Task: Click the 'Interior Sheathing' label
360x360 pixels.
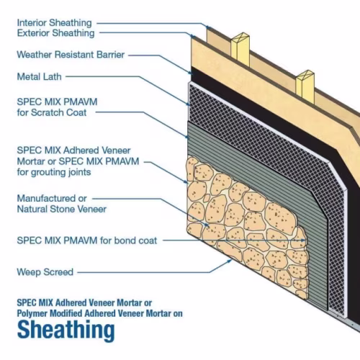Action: tap(55, 23)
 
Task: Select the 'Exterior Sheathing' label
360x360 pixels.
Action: tap(55, 33)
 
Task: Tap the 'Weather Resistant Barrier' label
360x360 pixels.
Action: tap(71, 55)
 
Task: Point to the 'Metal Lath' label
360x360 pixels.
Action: tap(40, 77)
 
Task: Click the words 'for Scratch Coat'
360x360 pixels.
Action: tap(52, 112)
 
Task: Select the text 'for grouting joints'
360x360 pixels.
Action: tap(54, 172)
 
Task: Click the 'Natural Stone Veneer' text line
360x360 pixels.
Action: tap(62, 209)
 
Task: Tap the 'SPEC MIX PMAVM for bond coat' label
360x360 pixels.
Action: tap(87, 240)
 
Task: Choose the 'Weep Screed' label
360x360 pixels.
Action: tap(45, 272)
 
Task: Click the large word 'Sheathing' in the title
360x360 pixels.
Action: tap(66, 330)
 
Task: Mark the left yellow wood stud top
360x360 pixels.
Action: tap(240, 38)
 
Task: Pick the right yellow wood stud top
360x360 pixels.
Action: tap(305, 76)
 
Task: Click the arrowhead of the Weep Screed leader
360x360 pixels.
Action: tap(230, 261)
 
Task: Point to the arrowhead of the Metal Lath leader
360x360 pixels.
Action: tap(188, 104)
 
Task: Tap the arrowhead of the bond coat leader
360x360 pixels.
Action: tap(305, 240)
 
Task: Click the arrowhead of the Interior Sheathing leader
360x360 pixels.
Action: tap(208, 27)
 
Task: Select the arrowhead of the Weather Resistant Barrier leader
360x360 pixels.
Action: tap(190, 72)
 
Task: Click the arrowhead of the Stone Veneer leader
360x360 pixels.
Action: tap(207, 225)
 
